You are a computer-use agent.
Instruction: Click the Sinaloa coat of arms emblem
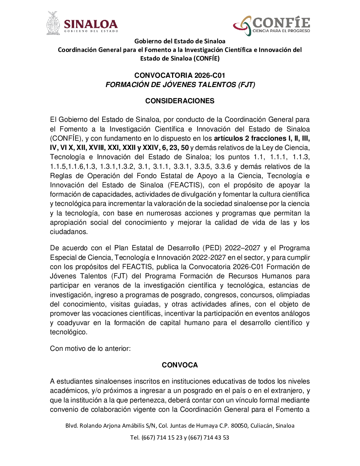[53, 23]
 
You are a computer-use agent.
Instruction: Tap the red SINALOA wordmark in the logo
[91, 24]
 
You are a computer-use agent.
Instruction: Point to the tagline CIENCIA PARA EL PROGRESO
[281, 31]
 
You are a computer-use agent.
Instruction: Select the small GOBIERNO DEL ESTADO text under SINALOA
[91, 31]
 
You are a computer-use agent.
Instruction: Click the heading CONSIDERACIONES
[180, 101]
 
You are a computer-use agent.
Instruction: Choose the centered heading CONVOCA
[180, 365]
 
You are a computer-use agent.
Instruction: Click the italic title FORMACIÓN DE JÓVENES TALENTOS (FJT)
[180, 85]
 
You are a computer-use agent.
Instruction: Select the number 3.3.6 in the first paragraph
[223, 166]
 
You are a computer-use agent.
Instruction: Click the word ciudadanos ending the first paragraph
[68, 232]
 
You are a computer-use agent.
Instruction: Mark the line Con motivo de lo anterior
[90, 349]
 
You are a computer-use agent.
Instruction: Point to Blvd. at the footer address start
[71, 426]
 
